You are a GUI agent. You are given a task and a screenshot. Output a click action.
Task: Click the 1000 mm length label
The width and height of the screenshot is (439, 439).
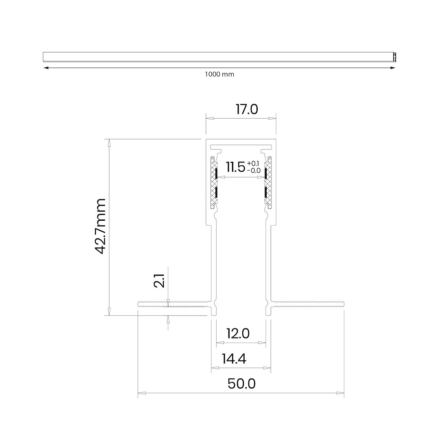[x=219, y=74]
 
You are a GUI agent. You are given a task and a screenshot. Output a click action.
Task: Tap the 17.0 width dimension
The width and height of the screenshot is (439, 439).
[x=247, y=109]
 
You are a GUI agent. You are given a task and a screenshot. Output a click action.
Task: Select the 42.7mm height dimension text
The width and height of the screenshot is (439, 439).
[x=100, y=226]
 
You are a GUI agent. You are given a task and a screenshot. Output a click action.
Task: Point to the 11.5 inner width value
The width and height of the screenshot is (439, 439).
[x=236, y=167]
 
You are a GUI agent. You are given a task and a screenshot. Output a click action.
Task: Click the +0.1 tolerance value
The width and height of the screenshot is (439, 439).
[x=253, y=164]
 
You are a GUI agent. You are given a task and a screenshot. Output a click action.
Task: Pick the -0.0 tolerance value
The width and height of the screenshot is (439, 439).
[x=254, y=170]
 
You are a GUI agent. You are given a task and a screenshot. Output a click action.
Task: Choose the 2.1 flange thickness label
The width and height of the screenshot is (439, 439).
[x=159, y=281]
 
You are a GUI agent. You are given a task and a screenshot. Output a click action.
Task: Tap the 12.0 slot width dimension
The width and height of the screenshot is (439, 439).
[x=238, y=333]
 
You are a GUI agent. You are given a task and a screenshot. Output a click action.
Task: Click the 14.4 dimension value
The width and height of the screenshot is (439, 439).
[x=234, y=359]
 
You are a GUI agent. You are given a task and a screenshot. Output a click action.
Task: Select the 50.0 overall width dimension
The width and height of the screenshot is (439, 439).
[x=241, y=384]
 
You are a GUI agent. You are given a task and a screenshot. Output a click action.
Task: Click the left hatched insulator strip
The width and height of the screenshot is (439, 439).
[x=214, y=183]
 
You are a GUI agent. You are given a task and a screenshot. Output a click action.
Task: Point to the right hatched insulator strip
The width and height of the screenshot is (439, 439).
[x=268, y=183]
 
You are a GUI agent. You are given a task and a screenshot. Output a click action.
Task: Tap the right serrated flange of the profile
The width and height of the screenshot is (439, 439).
[x=307, y=304]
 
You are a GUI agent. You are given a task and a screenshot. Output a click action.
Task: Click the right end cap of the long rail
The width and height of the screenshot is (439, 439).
[x=394, y=57]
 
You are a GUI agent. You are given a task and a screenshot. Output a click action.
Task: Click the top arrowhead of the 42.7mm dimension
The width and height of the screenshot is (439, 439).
[x=109, y=143]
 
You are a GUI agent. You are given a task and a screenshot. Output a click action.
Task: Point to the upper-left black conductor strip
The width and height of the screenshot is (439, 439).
[x=216, y=173]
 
